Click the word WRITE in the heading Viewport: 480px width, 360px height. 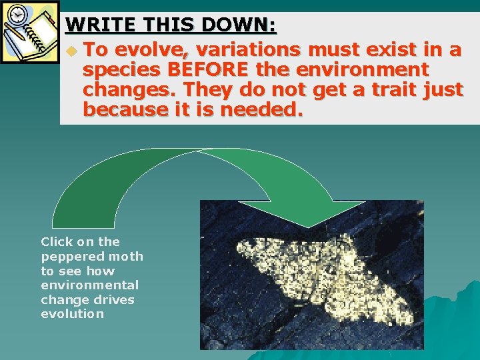93,26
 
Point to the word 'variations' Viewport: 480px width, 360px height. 244,50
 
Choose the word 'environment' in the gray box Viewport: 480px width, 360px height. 364,69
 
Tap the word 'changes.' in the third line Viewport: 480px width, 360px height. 129,89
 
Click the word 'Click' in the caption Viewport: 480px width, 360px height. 55,242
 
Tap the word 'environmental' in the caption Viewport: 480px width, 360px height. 89,285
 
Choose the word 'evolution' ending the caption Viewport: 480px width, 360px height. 72,314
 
